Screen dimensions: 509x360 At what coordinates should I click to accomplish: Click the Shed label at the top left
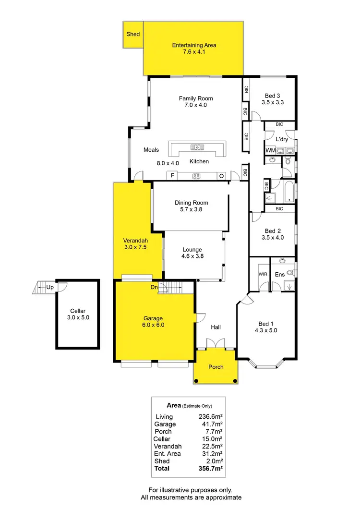click(x=133, y=35)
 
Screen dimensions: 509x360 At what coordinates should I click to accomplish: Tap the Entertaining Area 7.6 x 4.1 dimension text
click(x=194, y=52)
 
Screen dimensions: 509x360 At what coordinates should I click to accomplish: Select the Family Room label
click(x=196, y=98)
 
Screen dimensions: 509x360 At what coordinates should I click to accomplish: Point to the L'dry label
click(x=282, y=139)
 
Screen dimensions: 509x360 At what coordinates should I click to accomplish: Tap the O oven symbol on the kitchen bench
click(x=221, y=176)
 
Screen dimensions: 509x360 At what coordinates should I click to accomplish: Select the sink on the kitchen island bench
click(x=196, y=147)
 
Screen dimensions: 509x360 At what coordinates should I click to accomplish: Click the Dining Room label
click(x=192, y=203)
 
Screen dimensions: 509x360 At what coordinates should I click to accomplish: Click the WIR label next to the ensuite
click(x=263, y=275)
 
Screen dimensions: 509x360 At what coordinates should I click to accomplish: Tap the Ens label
click(x=280, y=275)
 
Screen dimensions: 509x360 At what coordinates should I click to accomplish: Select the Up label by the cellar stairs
click(x=50, y=288)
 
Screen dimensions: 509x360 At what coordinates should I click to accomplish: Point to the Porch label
click(x=216, y=367)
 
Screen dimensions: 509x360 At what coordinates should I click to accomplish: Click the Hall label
click(x=216, y=327)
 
